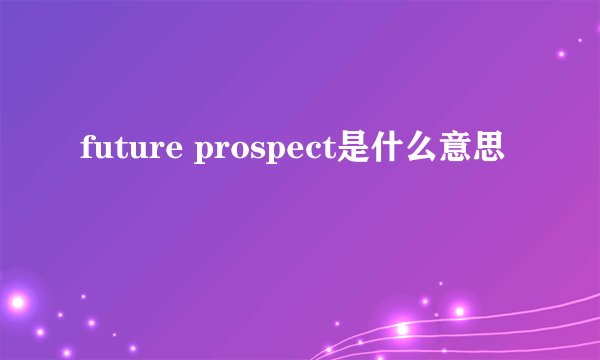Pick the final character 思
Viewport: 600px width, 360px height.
click(x=486, y=151)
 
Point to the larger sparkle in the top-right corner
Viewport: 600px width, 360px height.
click(x=562, y=52)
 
